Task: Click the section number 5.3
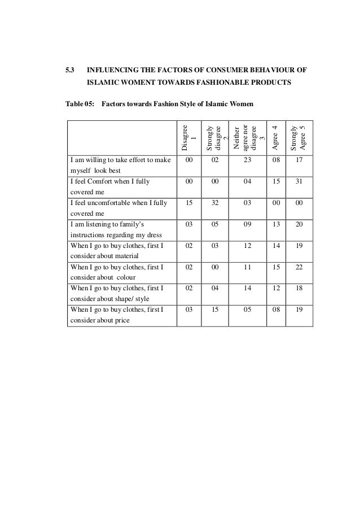(71, 71)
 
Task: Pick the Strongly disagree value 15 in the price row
(214, 310)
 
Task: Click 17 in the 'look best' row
(298, 160)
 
